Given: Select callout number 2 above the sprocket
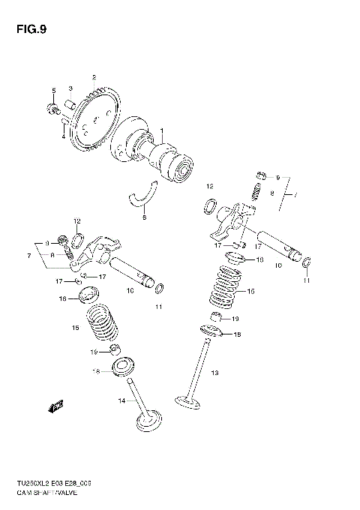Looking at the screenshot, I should pos(94,77).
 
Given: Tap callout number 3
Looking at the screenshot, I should pos(70,88).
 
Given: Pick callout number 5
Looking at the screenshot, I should pos(52,91).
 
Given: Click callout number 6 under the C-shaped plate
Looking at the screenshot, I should pos(145,217).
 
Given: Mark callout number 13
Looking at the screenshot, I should pos(214,372).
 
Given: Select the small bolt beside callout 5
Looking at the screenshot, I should pos(54,112).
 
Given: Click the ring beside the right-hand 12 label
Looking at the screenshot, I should pos(213,204).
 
